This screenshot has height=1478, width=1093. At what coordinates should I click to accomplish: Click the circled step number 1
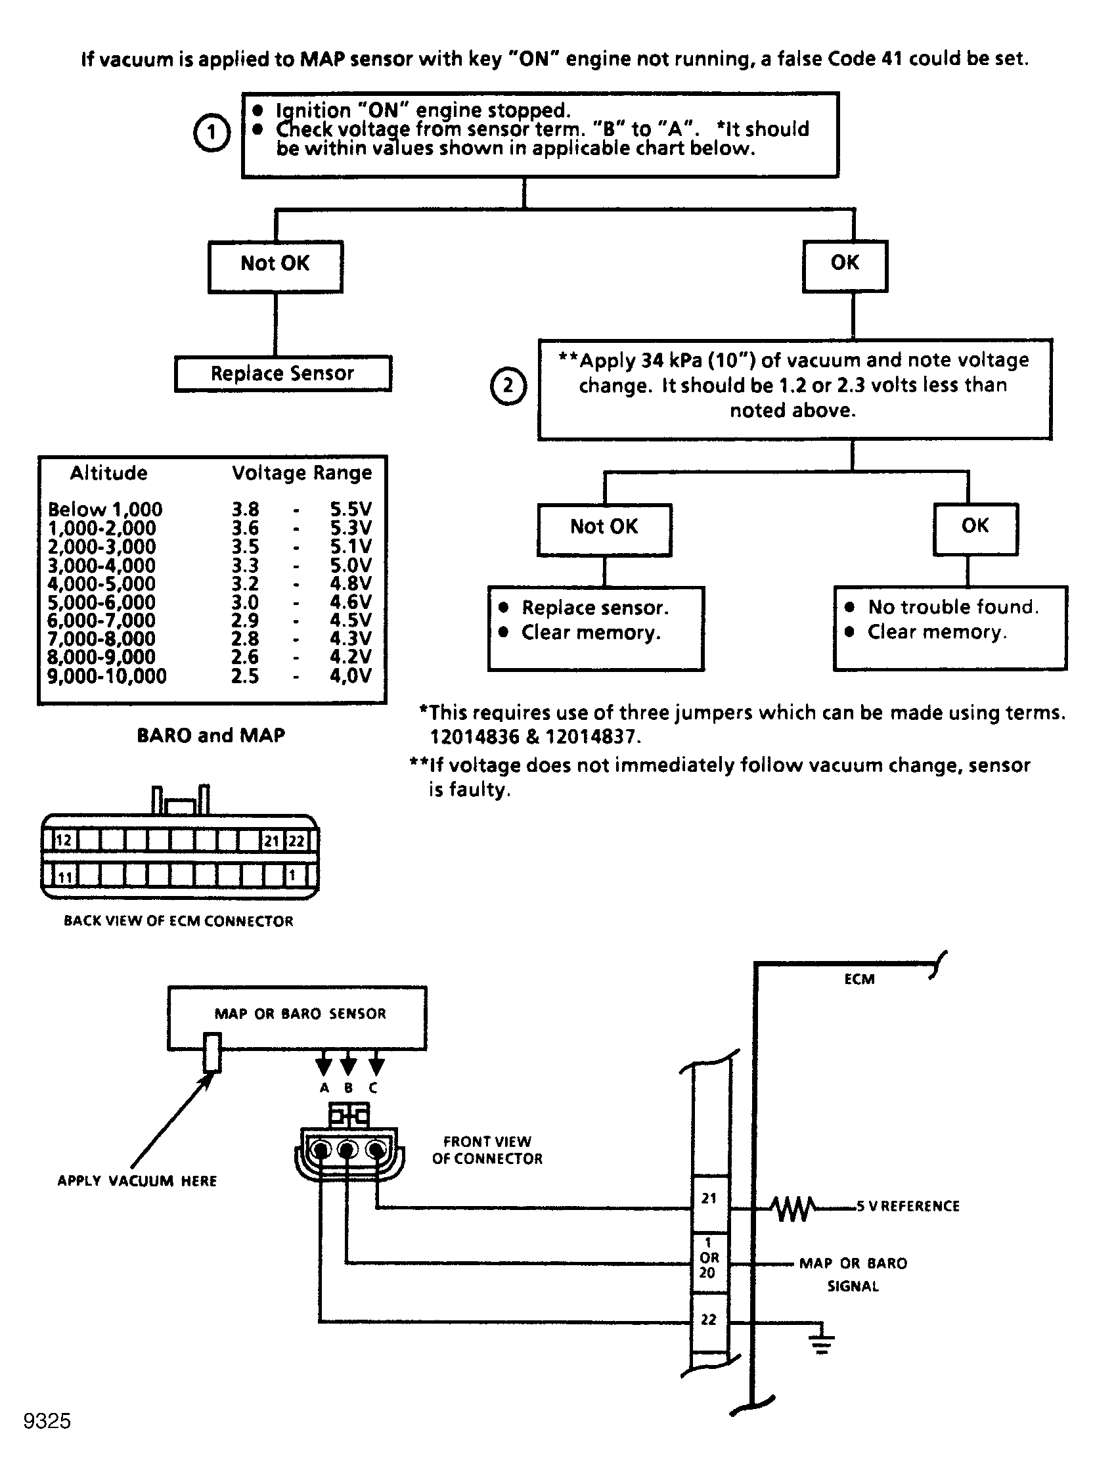click(x=211, y=133)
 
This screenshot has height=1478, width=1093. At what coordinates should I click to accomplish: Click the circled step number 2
click(x=508, y=386)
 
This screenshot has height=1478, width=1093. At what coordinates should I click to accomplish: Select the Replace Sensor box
click(x=282, y=373)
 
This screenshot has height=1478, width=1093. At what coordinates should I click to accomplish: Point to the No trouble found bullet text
click(x=952, y=607)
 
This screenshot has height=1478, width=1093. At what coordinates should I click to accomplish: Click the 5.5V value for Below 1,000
click(x=351, y=510)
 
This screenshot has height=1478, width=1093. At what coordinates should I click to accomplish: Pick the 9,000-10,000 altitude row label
click(x=106, y=676)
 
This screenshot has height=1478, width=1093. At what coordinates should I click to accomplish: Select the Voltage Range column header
click(x=301, y=473)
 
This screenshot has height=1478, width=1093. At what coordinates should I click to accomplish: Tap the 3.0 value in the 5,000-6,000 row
click(x=244, y=602)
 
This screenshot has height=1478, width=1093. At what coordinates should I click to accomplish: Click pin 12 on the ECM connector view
click(x=63, y=841)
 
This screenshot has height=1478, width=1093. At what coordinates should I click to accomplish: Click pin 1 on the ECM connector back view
click(x=292, y=876)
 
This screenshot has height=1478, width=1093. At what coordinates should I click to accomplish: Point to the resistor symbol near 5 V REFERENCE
click(x=793, y=1209)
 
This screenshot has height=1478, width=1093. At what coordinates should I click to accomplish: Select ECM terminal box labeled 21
click(x=709, y=1199)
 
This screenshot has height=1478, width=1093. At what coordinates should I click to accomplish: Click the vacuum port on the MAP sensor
click(x=212, y=1052)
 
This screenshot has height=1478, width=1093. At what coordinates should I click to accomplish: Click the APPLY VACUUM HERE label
click(x=137, y=1181)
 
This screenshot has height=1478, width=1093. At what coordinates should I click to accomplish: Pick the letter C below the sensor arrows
click(x=373, y=1088)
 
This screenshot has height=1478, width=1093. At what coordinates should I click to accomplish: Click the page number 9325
click(x=47, y=1421)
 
